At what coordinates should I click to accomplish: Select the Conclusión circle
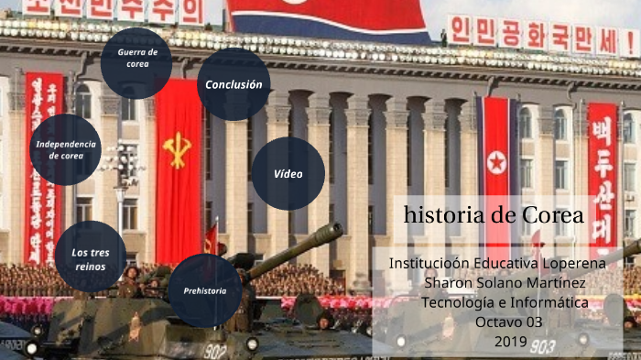click(x=234, y=84)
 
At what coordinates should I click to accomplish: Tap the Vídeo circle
click(x=288, y=174)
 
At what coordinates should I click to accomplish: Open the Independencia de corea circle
click(x=65, y=149)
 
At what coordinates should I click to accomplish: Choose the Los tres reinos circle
click(x=91, y=256)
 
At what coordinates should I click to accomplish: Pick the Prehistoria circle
click(x=205, y=290)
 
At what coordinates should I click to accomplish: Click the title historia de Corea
click(x=494, y=215)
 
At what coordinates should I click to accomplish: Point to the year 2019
click(x=509, y=342)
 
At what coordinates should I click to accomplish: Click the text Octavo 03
click(x=509, y=322)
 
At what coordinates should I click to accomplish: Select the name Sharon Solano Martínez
click(x=497, y=282)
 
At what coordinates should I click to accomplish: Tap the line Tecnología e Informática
click(x=505, y=301)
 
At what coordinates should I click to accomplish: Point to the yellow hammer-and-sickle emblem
click(x=177, y=149)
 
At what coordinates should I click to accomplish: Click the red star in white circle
click(x=496, y=163)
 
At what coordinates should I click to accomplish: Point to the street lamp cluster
click(x=122, y=165)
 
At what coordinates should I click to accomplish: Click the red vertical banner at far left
click(x=44, y=165)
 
